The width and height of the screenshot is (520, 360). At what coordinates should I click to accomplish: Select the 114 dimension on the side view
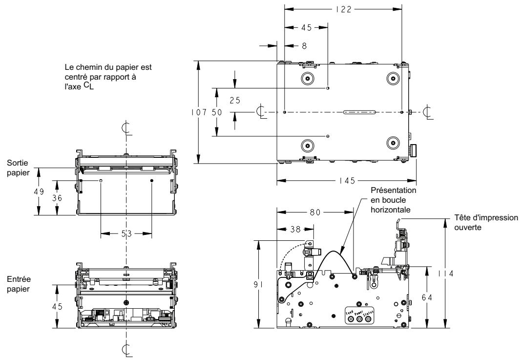pyautogui.click(x=445, y=274)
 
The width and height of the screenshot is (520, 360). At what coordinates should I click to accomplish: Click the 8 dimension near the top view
pyautogui.click(x=291, y=44)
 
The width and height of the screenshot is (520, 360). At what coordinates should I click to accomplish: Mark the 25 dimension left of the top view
pyautogui.click(x=235, y=100)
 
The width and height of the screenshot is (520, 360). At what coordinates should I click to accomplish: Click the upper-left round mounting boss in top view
pyautogui.click(x=307, y=79)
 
